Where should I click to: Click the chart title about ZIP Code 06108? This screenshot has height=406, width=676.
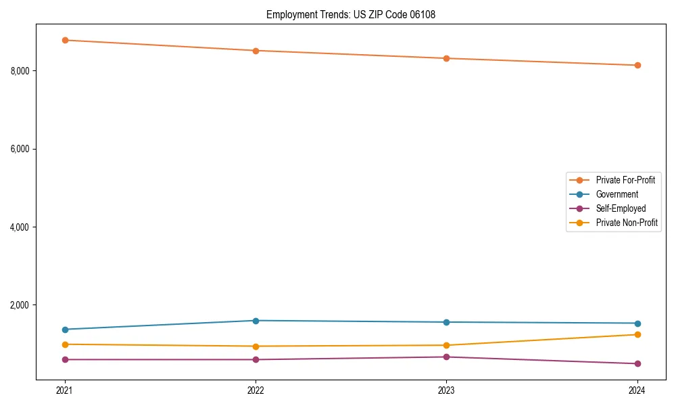pos(350,14)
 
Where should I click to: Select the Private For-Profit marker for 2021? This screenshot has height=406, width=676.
pos(65,40)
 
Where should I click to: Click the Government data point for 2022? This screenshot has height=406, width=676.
pos(256,321)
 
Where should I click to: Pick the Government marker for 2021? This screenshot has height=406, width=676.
pos(65,330)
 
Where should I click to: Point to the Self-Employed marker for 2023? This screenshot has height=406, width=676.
pos(446,357)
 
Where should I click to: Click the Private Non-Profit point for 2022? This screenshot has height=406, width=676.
pos(256,346)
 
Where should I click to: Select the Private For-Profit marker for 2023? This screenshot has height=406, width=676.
pos(446,58)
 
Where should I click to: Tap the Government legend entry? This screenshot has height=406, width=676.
pos(617,194)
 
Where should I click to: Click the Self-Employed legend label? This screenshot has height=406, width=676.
pos(621,208)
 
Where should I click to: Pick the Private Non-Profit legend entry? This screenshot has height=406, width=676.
pos(627,223)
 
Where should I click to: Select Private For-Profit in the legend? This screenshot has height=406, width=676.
pos(625,180)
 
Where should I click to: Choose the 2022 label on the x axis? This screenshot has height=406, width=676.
pos(256,390)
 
